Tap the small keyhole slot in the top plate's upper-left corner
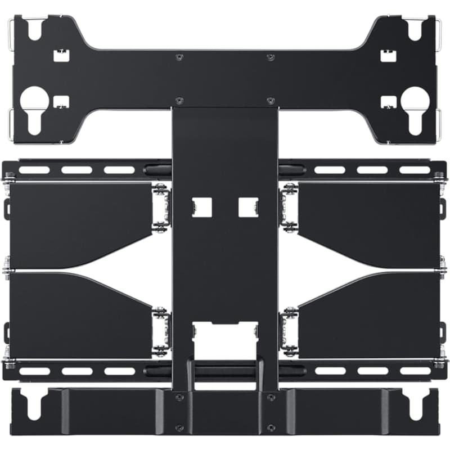[35, 29]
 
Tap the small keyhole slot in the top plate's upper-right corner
[415, 29]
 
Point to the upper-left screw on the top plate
[179, 57]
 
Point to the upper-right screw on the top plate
[271, 57]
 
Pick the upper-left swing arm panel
[79, 222]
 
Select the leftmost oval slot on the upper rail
[35, 170]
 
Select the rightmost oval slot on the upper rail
[415, 170]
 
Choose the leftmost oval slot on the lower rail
[35, 371]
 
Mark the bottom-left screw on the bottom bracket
[179, 427]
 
